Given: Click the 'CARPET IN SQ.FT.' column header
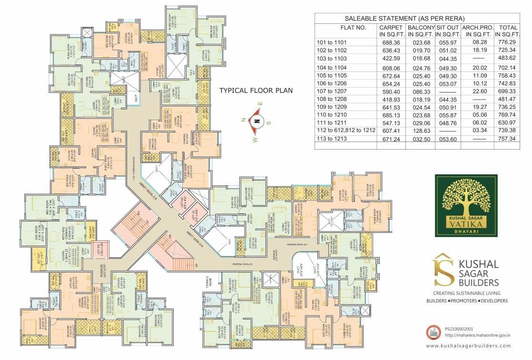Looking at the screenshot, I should coord(391,31).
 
